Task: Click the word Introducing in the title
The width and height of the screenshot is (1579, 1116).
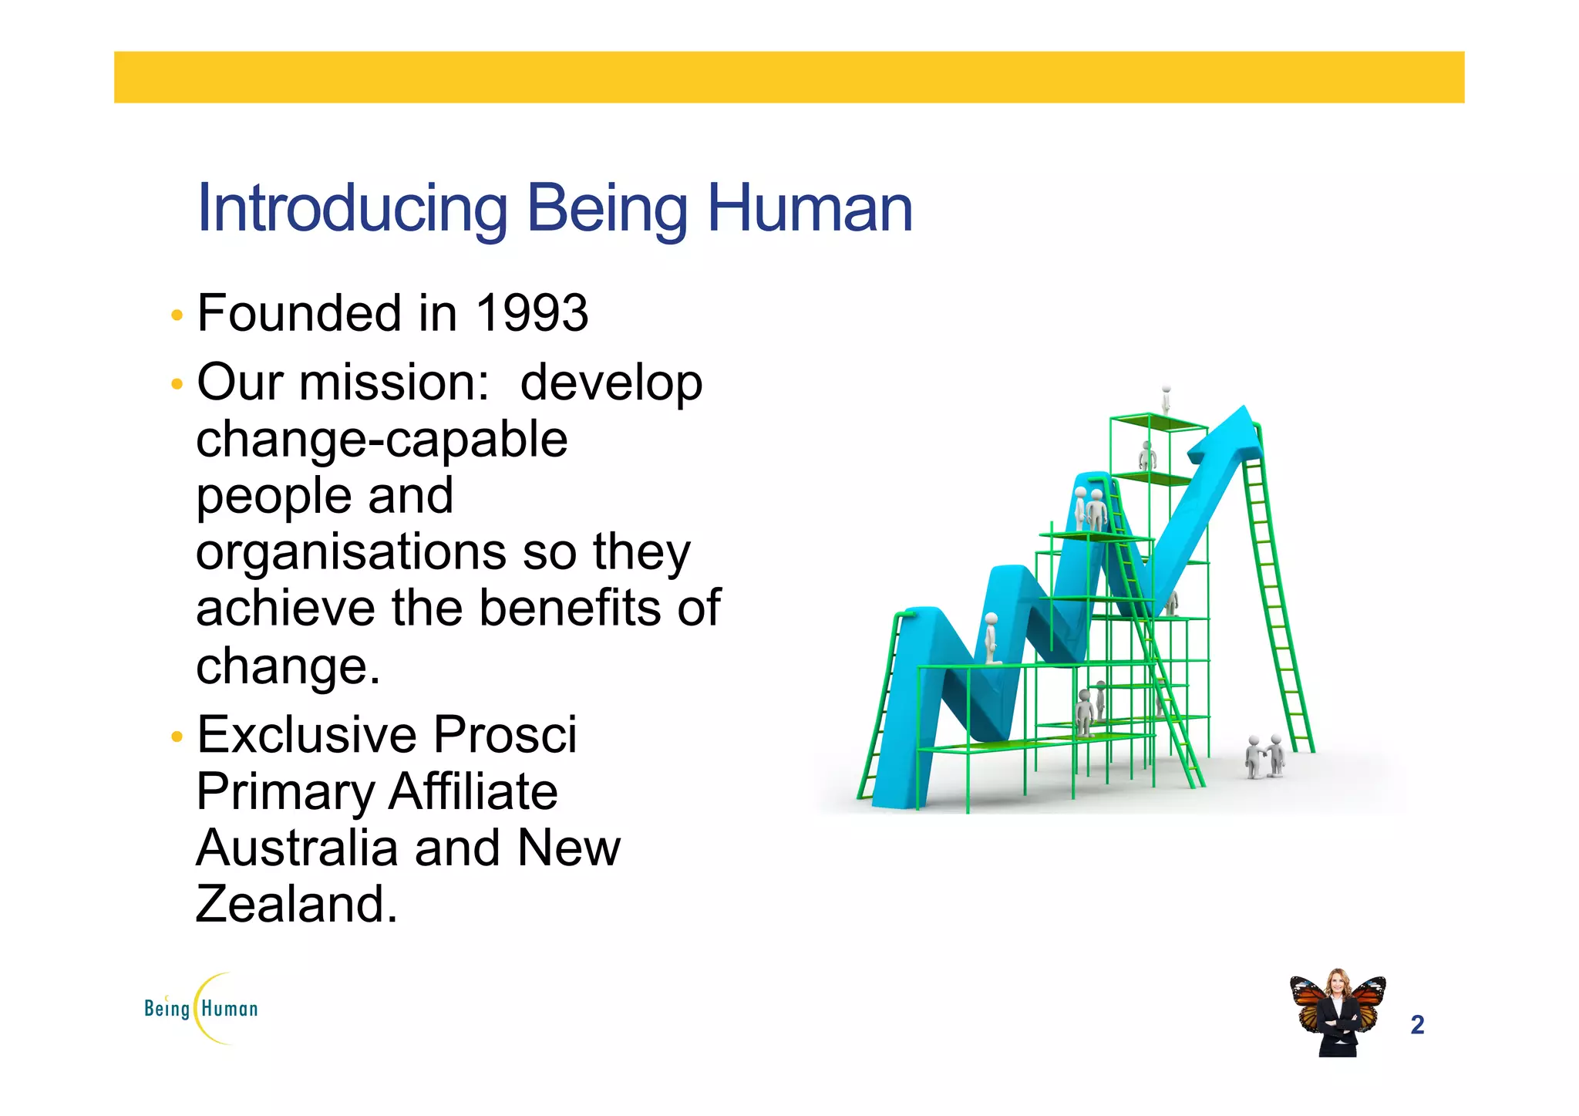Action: pyautogui.click(x=352, y=208)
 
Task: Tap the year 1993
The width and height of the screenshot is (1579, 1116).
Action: pyautogui.click(x=531, y=314)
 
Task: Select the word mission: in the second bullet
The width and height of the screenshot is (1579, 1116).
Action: pyautogui.click(x=394, y=383)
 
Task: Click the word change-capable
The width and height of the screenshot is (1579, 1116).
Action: pyautogui.click(x=382, y=440)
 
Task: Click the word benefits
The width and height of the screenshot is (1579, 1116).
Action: pyautogui.click(x=571, y=609)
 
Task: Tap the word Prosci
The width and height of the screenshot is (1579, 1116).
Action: pyautogui.click(x=504, y=734)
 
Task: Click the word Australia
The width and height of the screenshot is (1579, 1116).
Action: pyautogui.click(x=298, y=848)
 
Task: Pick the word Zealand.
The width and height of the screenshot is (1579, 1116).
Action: pyautogui.click(x=296, y=905)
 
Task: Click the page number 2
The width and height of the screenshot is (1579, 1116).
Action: pyautogui.click(x=1416, y=1025)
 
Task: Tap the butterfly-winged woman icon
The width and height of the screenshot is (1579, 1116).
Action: pyautogui.click(x=1338, y=1013)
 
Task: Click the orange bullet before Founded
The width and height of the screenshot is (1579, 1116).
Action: pyautogui.click(x=177, y=315)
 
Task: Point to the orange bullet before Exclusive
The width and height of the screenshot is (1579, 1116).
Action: pyautogui.click(x=177, y=737)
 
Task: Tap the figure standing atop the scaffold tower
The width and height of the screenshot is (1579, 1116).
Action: pyautogui.click(x=1167, y=400)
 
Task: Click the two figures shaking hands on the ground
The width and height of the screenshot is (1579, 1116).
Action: pyautogui.click(x=1264, y=756)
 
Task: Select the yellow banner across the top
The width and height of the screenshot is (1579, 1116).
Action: pyautogui.click(x=789, y=77)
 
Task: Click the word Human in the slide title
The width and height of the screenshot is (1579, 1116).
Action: pyautogui.click(x=810, y=208)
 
